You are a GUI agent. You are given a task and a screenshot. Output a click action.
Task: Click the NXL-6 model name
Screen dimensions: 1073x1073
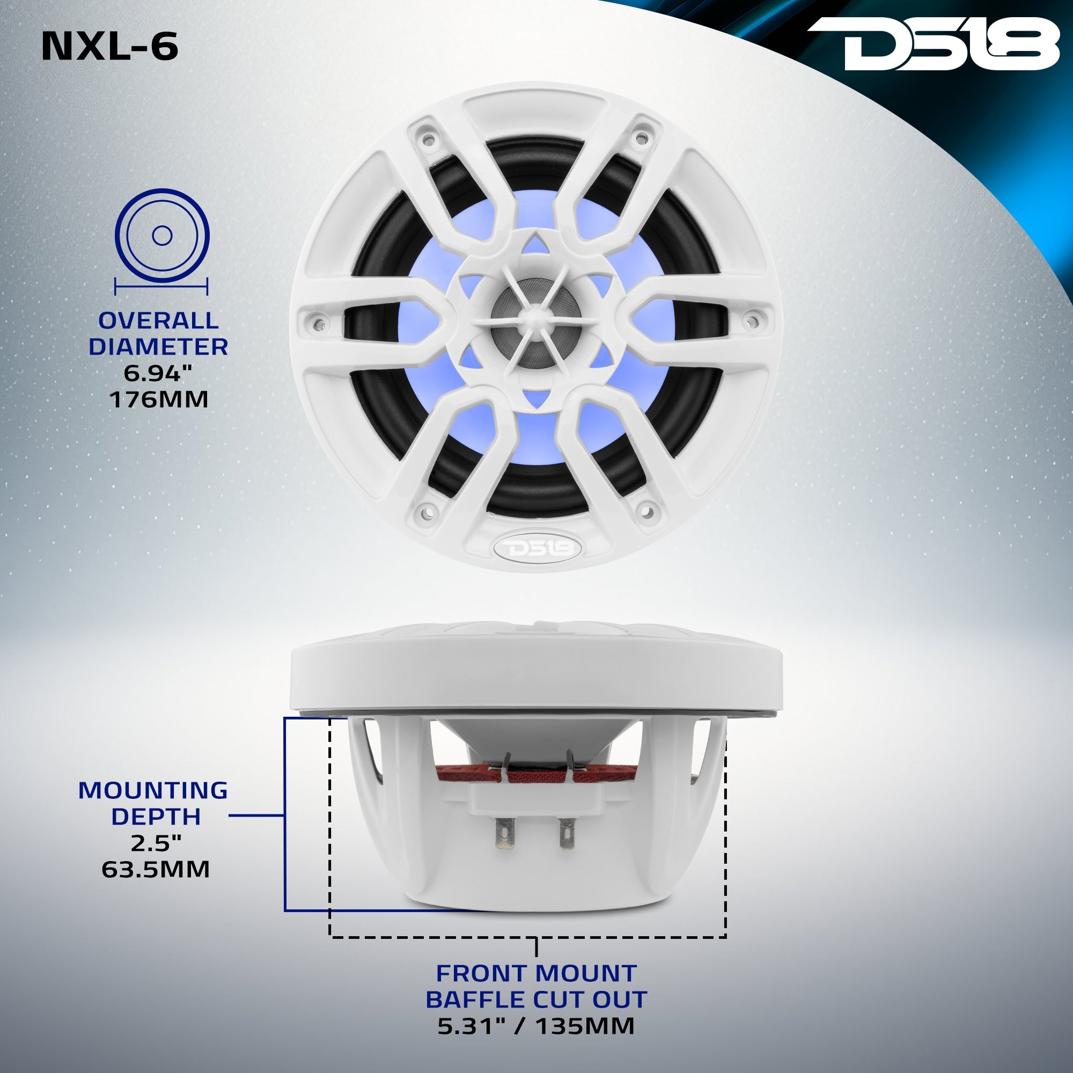point(109,47)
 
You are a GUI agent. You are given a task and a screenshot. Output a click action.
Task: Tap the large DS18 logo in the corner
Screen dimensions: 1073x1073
point(933,44)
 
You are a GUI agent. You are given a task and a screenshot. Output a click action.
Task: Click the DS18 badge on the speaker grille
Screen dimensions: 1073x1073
point(536,548)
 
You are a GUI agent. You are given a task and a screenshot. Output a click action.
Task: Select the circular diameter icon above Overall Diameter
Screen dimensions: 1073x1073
point(161,236)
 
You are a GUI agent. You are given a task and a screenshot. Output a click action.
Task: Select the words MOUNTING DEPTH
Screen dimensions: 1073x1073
point(153,803)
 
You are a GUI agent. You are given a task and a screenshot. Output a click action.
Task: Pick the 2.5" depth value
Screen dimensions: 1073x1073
point(156,843)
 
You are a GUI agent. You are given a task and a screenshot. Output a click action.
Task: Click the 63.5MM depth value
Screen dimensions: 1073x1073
point(156,869)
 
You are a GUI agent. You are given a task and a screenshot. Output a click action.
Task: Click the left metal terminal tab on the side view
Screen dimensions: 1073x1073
point(504,833)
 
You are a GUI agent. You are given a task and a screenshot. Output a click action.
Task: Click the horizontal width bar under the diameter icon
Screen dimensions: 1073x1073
point(161,287)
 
